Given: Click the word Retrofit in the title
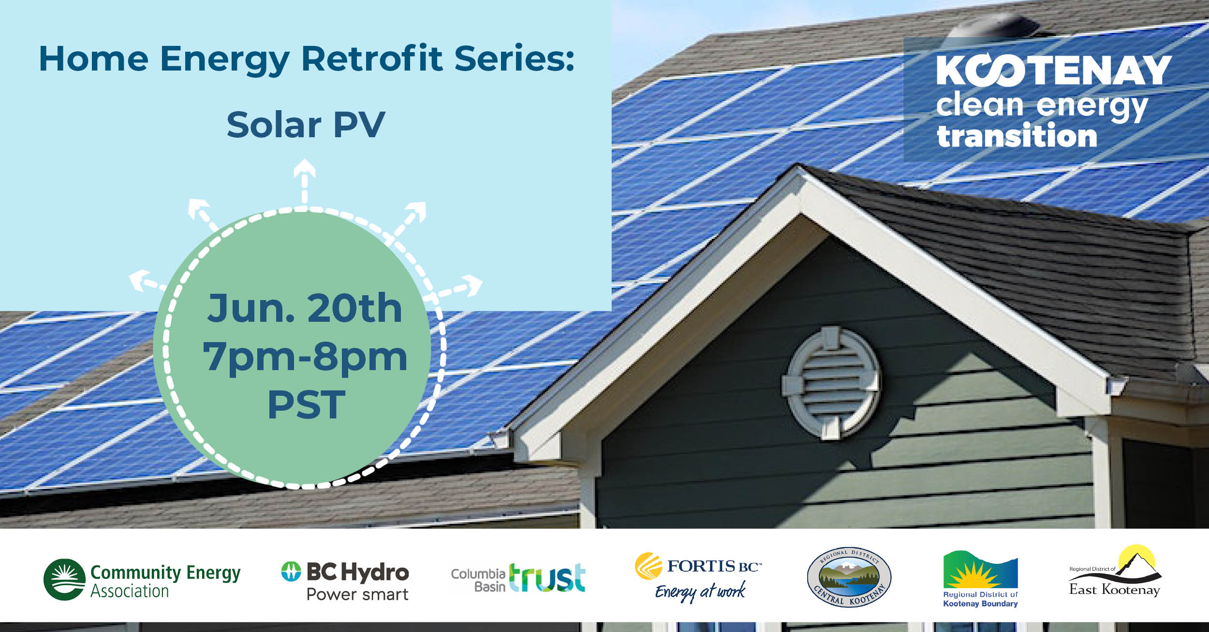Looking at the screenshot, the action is coord(372,59).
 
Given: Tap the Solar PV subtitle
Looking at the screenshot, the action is coord(306,125).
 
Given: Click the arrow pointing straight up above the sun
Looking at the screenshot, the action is coord(304,181).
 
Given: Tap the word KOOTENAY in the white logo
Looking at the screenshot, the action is coord(1053,71).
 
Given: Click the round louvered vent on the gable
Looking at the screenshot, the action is coord(830,383).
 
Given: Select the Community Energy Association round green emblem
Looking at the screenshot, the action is coord(64,579).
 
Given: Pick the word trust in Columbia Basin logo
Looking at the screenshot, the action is coord(547,577).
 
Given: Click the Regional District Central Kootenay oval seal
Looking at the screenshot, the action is coord(849,577).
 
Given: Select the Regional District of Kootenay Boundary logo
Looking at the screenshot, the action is coord(980,579).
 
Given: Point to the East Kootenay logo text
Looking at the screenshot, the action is coord(1115,589).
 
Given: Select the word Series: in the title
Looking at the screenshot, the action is coord(515,59).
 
